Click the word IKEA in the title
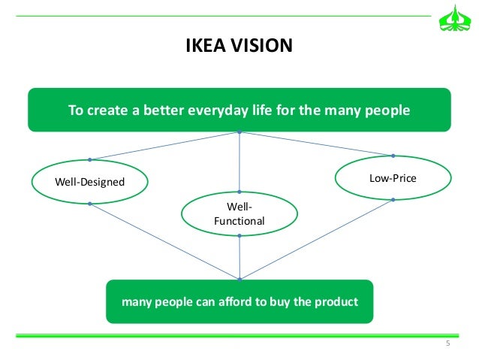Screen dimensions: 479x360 pyautogui.click(x=203, y=47)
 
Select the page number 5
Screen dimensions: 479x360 pyautogui.click(x=447, y=344)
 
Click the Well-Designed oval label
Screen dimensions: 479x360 pyautogui.click(x=90, y=181)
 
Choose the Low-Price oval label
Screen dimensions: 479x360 pyautogui.click(x=393, y=178)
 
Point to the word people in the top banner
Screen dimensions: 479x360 pyautogui.click(x=386, y=110)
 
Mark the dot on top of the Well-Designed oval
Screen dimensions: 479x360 pyautogui.click(x=89, y=159)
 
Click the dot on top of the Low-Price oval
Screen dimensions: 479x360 pyautogui.click(x=393, y=156)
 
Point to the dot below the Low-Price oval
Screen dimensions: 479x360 pyautogui.click(x=393, y=200)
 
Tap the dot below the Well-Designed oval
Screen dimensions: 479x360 pyautogui.click(x=89, y=204)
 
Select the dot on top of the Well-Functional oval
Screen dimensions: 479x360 pyautogui.click(x=239, y=191)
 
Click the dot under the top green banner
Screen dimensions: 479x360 pyautogui.click(x=239, y=133)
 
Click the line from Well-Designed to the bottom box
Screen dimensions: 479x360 pyautogui.click(x=164, y=241)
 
